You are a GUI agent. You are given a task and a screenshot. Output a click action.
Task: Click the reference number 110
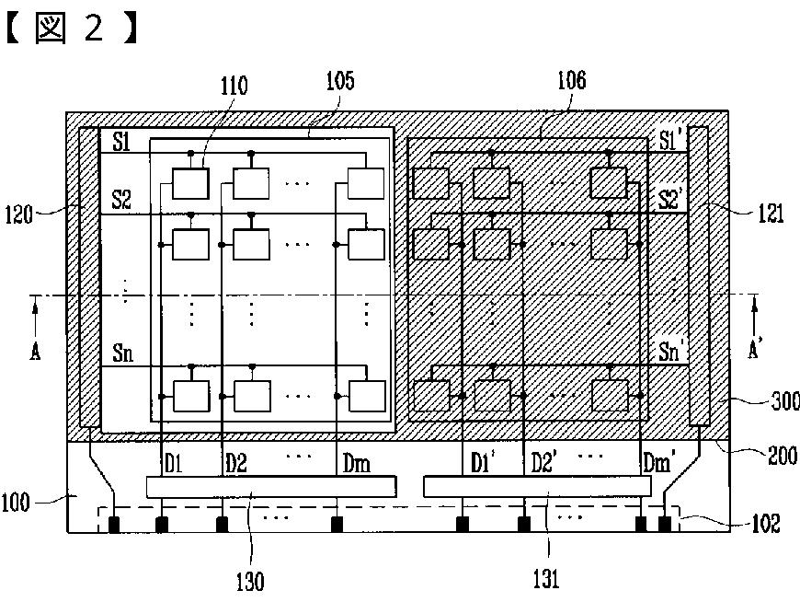tap(234, 86)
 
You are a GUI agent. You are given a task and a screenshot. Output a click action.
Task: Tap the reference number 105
tap(340, 81)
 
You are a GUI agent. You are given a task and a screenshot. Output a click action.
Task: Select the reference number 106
tap(572, 80)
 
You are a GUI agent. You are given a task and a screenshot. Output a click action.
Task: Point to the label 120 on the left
tap(19, 214)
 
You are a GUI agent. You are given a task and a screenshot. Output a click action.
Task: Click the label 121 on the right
tap(771, 213)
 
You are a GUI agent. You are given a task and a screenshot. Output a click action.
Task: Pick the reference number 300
tap(785, 401)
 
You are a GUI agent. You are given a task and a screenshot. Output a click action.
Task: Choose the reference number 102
tap(766, 523)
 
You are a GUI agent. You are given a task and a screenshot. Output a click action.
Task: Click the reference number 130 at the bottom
tap(250, 582)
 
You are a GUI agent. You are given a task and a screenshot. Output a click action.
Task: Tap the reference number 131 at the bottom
tap(546, 579)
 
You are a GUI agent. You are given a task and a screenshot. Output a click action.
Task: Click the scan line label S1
tap(121, 142)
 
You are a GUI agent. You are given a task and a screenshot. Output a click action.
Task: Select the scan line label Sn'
tap(671, 352)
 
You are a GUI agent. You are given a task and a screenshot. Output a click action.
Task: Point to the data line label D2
tap(236, 464)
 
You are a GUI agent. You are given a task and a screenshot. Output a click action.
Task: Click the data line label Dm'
tap(657, 463)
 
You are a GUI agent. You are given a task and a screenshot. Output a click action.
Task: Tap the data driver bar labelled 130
tap(271, 487)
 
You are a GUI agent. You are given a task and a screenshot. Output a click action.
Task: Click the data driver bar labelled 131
tap(538, 486)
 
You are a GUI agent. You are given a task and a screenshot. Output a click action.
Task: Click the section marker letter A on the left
tap(35, 352)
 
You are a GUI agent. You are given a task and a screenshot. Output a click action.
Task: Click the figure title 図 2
tap(71, 29)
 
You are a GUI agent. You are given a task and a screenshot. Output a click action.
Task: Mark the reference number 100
tap(16, 503)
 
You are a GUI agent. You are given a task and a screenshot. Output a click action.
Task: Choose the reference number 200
tap(783, 456)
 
